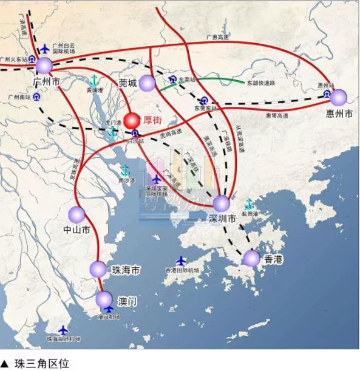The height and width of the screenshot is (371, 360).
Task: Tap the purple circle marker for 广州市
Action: pos(44,66)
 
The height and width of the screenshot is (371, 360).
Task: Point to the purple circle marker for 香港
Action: pos(251,259)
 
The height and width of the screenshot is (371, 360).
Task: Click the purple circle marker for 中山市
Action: pos(76,214)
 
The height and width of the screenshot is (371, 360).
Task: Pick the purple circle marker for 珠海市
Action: pos(98,269)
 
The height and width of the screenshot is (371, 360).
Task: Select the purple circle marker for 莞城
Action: pos(148,84)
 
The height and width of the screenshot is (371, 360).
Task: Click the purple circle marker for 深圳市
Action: pos(221,203)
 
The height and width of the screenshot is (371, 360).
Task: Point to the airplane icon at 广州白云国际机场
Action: pos(45,49)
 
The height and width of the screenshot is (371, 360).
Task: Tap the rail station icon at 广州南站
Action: pos(36,96)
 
